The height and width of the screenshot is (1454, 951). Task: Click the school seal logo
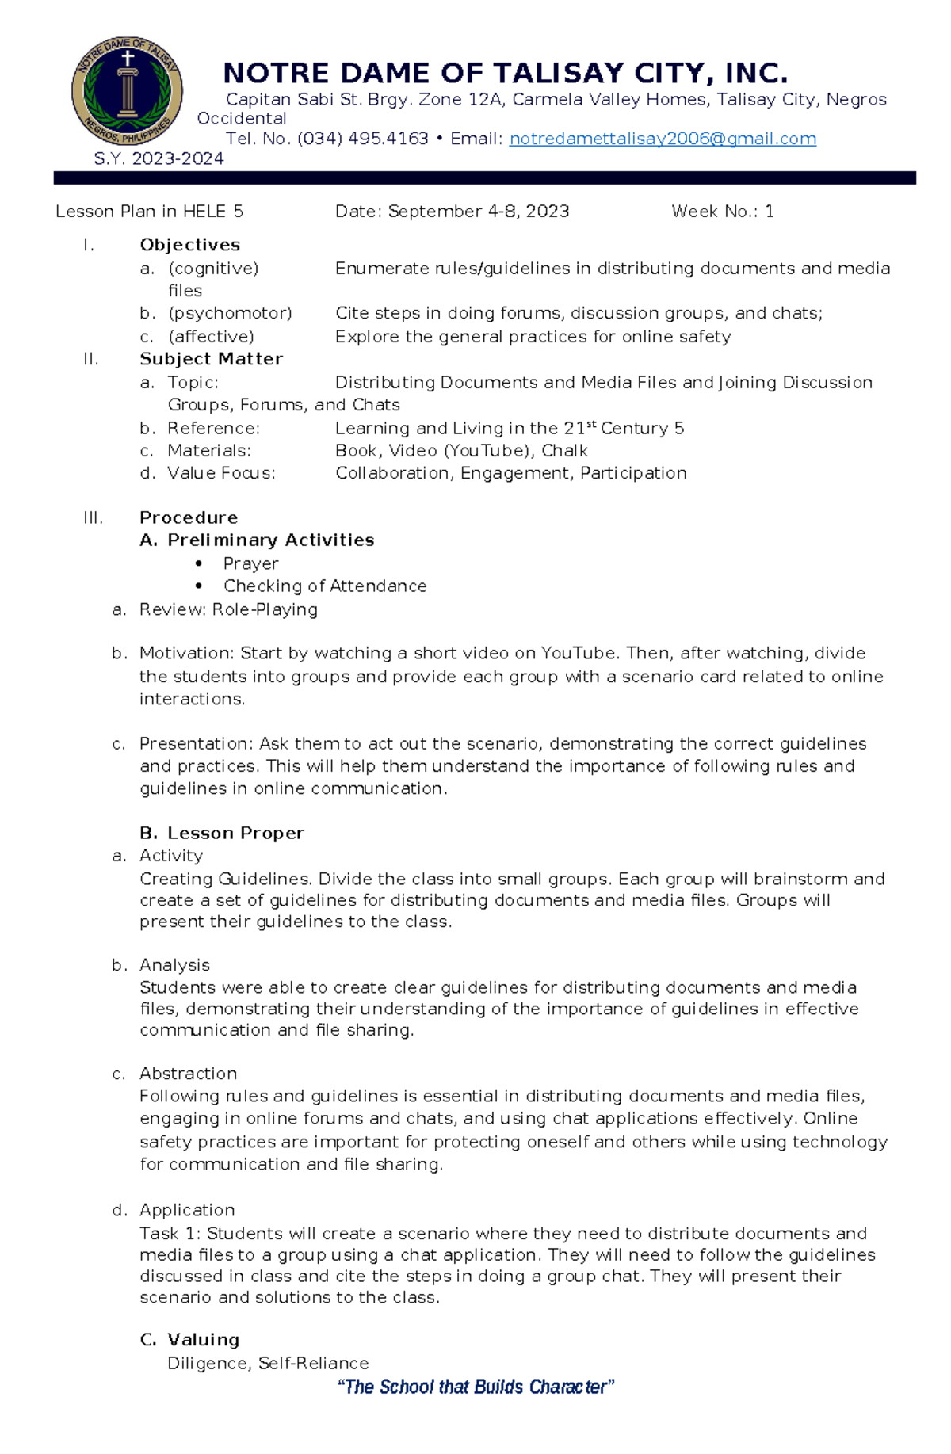[x=127, y=90]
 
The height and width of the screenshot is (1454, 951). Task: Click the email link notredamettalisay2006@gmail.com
[x=662, y=139]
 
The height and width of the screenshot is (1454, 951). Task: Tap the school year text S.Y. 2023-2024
[x=158, y=158]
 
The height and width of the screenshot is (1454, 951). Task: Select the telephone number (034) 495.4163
[x=362, y=139]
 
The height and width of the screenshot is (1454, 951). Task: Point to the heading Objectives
[x=189, y=245]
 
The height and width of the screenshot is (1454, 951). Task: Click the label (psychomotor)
[x=230, y=313]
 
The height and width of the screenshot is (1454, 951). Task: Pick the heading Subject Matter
[x=211, y=359]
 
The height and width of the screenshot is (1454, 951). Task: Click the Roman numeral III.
[x=93, y=517]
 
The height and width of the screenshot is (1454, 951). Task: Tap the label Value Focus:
[x=221, y=473]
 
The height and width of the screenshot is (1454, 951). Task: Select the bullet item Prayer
[x=250, y=563]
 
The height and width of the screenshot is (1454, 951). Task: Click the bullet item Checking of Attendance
[x=325, y=586]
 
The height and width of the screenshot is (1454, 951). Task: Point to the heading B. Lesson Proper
[x=222, y=833]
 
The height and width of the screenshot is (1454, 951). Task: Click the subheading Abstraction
[x=188, y=1073]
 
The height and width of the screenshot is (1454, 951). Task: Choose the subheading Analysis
[x=174, y=965]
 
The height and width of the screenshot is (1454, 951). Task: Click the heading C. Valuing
[x=189, y=1339]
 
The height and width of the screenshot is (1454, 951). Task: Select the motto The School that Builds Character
[x=475, y=1387]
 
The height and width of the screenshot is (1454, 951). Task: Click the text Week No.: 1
[x=722, y=212]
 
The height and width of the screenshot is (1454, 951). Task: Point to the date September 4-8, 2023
[x=478, y=212]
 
